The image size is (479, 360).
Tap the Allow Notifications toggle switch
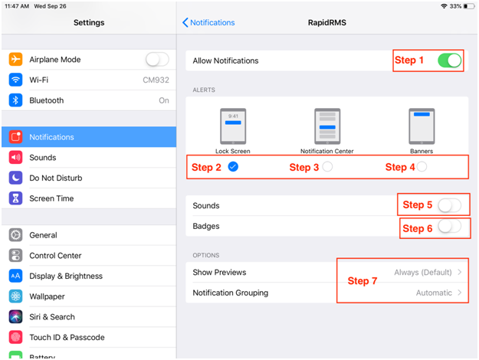click(x=449, y=61)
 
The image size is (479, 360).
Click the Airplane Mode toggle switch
click(x=157, y=59)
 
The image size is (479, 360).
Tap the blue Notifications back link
click(x=208, y=22)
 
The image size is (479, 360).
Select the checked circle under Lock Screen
click(x=233, y=167)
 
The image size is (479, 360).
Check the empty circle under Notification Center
click(x=327, y=167)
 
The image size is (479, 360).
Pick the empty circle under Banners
click(x=422, y=167)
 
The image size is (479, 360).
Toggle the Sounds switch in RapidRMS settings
click(x=449, y=205)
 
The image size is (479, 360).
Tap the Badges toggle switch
click(x=449, y=226)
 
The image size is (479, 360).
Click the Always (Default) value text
click(x=423, y=272)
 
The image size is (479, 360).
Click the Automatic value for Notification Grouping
click(x=434, y=293)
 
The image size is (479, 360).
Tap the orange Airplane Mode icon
click(x=15, y=59)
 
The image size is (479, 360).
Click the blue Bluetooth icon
click(x=15, y=100)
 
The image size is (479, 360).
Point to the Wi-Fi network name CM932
click(x=156, y=80)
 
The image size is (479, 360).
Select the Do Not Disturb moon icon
click(x=15, y=178)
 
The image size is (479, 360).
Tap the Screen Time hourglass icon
click(x=15, y=198)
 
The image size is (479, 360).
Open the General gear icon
click(x=15, y=235)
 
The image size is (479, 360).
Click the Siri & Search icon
click(x=15, y=316)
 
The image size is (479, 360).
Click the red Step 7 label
click(x=363, y=281)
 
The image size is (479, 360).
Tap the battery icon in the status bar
click(x=469, y=6)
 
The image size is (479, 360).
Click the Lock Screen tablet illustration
click(x=233, y=126)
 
